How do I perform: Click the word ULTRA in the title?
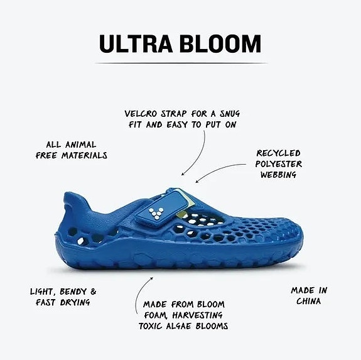(136, 44)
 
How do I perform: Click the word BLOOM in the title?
(220, 44)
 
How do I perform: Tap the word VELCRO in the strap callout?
(141, 114)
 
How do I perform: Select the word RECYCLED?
(279, 153)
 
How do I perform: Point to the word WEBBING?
(278, 175)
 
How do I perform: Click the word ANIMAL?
(80, 145)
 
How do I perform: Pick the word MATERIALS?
(84, 155)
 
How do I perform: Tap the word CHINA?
(308, 301)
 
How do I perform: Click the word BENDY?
(73, 292)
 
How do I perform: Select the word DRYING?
(75, 302)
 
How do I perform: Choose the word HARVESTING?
(197, 315)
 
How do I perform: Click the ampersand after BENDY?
(94, 292)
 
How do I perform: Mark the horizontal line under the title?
(181, 63)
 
